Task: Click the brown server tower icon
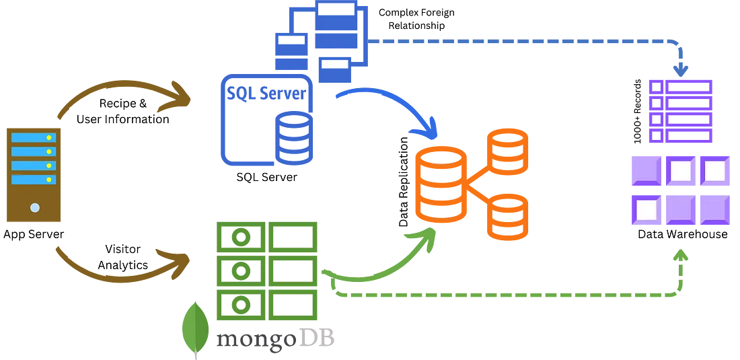click(x=34, y=174)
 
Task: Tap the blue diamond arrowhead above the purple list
click(x=680, y=69)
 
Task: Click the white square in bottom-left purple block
click(x=646, y=209)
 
